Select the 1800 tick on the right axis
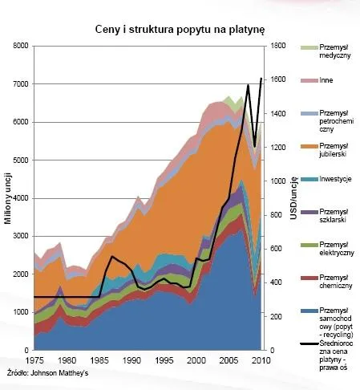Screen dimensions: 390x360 click(275, 47)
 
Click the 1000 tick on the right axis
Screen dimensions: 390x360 click(275, 182)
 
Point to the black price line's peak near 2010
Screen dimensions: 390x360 click(261, 79)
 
